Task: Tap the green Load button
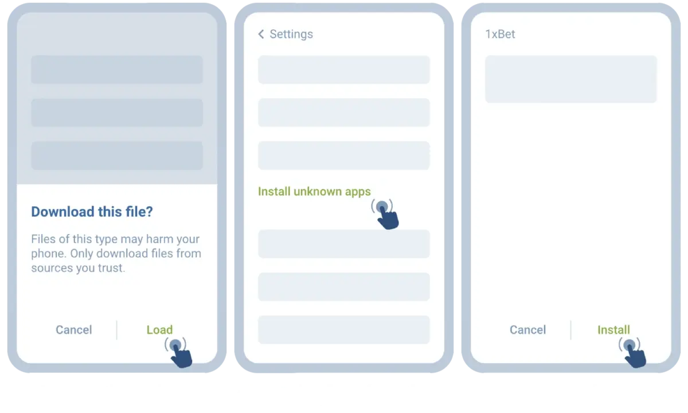point(159,330)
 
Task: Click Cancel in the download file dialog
point(73,330)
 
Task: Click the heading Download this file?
point(92,212)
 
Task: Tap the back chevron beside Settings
point(261,34)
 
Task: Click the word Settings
point(291,34)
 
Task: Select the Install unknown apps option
point(314,192)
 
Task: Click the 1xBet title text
point(500,34)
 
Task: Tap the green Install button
point(613,330)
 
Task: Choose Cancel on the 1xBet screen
point(527,330)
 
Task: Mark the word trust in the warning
point(110,268)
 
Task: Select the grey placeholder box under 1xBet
point(570,79)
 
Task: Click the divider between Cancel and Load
point(117,330)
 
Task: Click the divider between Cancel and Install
point(571,330)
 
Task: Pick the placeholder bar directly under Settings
point(343,70)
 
